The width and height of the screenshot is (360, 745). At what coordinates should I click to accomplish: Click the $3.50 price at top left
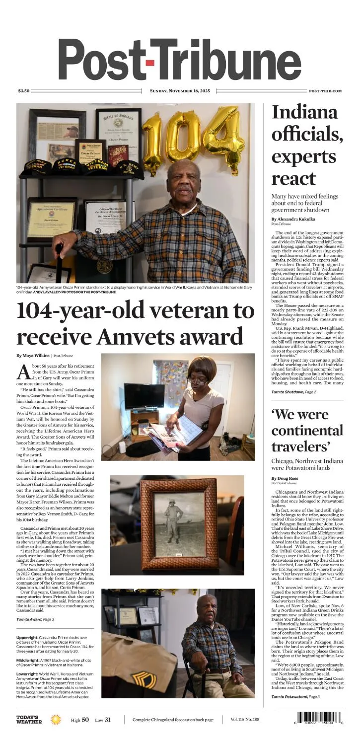pyautogui.click(x=24, y=91)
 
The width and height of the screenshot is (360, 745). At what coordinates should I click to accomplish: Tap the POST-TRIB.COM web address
pyautogui.click(x=325, y=91)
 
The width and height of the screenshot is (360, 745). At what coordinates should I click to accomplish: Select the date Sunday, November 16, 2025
pyautogui.click(x=180, y=91)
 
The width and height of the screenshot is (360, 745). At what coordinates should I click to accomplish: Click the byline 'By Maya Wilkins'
pyautogui.click(x=33, y=356)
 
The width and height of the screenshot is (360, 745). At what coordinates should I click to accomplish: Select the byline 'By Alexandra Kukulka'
pyautogui.click(x=293, y=219)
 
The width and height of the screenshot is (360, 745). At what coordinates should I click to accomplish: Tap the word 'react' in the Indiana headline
pyautogui.click(x=294, y=177)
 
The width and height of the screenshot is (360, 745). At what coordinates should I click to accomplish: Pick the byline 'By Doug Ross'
pyautogui.click(x=286, y=478)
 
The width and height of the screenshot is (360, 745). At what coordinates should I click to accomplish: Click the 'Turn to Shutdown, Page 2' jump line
pyautogui.click(x=293, y=392)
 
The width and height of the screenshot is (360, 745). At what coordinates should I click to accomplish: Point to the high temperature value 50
pyautogui.click(x=85, y=720)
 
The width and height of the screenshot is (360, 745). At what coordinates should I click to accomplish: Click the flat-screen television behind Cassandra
pyautogui.click(x=144, y=396)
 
